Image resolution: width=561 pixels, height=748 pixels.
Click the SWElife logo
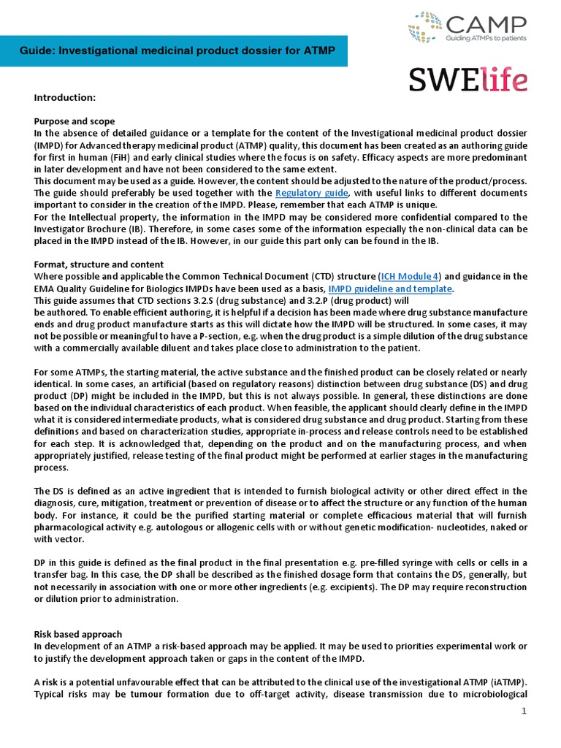(467, 79)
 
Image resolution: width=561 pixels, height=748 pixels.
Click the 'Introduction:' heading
(65, 97)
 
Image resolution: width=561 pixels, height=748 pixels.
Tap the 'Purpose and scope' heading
(74, 121)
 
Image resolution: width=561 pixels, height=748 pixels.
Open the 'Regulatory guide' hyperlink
(316, 193)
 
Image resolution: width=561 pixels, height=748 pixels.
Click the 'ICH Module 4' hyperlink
(410, 276)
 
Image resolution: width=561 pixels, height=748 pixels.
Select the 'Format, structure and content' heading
(99, 264)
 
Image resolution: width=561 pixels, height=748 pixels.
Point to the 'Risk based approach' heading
(78, 634)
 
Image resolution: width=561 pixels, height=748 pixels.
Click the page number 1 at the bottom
(524, 711)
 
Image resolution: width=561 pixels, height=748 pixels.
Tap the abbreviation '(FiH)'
(122, 157)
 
